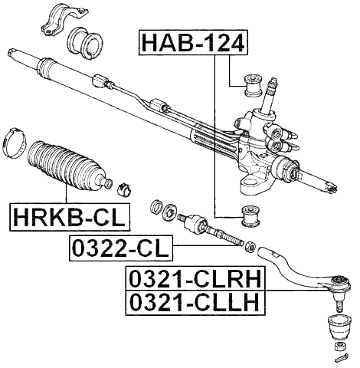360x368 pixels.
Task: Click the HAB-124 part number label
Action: click(x=193, y=42)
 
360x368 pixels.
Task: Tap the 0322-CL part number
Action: click(x=121, y=249)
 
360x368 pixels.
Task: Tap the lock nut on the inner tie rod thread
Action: click(x=249, y=246)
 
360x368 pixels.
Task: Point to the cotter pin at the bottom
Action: click(x=342, y=356)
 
